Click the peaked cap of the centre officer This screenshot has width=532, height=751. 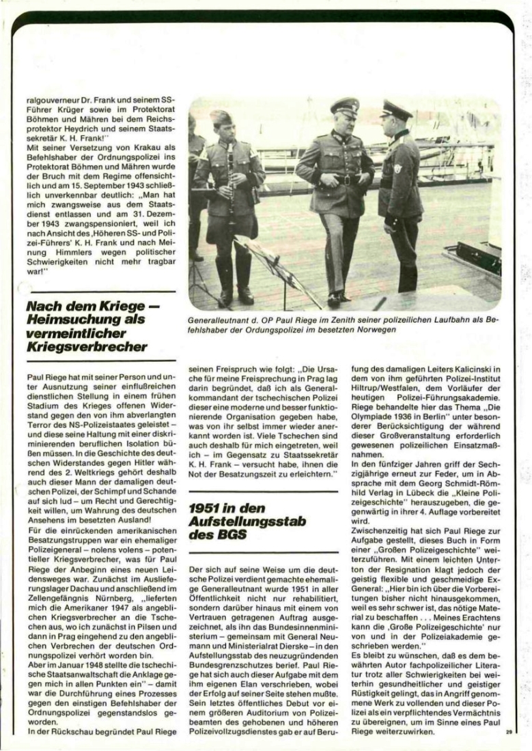tap(344, 106)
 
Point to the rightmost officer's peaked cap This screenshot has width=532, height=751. tap(395, 109)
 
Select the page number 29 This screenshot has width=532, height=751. tap(509, 731)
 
